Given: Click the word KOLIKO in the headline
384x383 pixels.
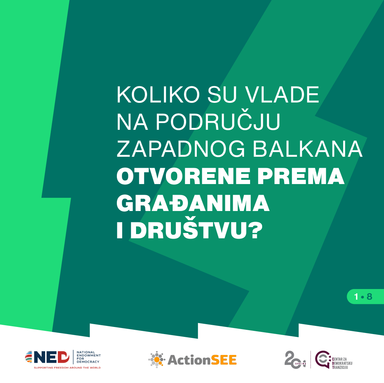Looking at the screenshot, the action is pos(158,95).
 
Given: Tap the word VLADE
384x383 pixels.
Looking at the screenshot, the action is pos(282,95).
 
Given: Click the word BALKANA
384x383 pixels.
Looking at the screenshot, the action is pos(308,149).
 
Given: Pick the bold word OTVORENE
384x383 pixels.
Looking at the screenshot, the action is pos(183,176).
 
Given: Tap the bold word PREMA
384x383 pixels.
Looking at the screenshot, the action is pos(301,176).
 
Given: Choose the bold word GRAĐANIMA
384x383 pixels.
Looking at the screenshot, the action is pos(193,203).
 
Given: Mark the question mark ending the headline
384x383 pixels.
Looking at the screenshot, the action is pos(255,231).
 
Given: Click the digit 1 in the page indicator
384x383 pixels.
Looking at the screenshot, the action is pos(356,297).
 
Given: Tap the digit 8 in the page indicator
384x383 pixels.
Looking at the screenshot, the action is pos(369,297).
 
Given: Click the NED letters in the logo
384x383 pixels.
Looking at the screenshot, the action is pos(52,357).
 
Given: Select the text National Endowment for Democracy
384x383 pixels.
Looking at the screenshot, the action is pos(89,357).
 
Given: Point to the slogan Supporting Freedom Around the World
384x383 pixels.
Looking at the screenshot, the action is pos(67,368).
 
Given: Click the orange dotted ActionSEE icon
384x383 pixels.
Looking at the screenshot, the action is pos(157,360).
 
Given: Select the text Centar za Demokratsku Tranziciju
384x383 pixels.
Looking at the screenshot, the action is pos(342,363).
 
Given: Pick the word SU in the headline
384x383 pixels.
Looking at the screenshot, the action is pos(222,95).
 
